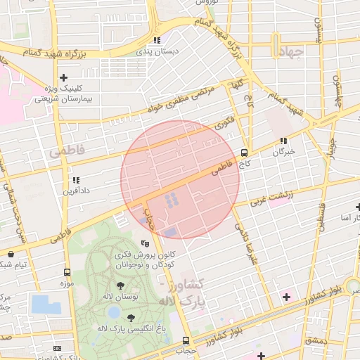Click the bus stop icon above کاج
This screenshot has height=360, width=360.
pos(244,152)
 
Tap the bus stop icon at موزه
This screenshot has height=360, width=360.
pos(67,273)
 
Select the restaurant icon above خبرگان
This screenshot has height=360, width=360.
pos(283,141)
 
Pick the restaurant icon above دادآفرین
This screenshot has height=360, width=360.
pos(75,180)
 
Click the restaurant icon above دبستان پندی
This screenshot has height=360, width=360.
pos(157,40)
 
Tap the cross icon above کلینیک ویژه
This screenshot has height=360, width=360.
pos(64,77)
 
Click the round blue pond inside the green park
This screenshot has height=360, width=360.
pos(114,311)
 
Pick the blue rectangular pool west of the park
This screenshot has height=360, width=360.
pos(46,304)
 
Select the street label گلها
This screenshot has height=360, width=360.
pos(233,85)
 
